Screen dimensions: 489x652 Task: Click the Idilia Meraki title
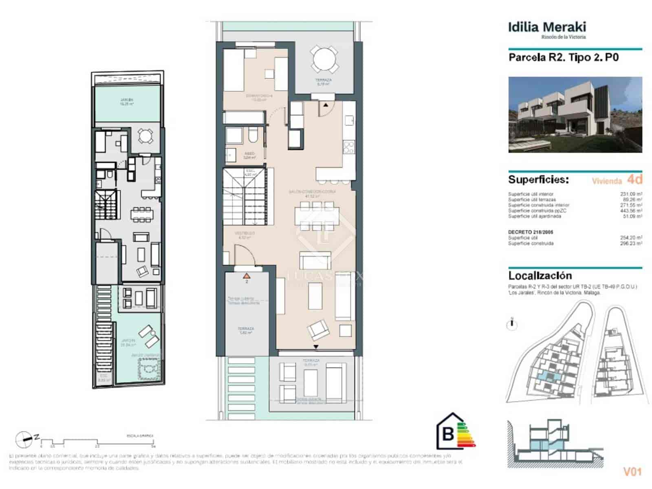click(x=546, y=27)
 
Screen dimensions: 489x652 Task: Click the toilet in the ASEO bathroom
click(x=252, y=136)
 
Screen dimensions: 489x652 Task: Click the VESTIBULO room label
click(x=244, y=233)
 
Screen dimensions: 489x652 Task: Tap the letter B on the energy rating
click(x=448, y=434)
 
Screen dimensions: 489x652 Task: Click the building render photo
click(x=575, y=115)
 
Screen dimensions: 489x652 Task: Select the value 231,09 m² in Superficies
click(x=631, y=194)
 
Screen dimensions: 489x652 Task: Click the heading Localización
click(x=540, y=275)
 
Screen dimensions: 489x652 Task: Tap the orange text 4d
click(x=634, y=179)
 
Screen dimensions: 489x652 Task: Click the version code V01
click(x=632, y=472)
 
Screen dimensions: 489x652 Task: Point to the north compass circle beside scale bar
click(x=24, y=439)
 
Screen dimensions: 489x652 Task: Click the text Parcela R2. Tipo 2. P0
click(x=563, y=57)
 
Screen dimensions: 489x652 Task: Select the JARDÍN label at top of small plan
click(x=127, y=100)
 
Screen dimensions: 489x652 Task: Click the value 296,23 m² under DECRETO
click(x=631, y=243)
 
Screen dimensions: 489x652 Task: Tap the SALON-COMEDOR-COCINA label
click(x=312, y=191)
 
